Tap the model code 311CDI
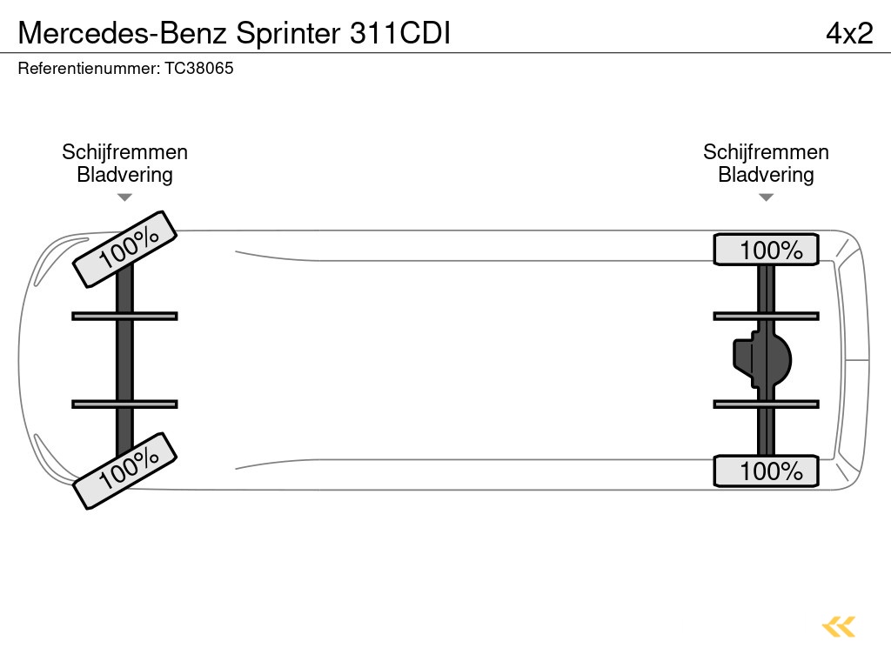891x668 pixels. tap(399, 33)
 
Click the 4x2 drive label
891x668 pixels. tap(848, 33)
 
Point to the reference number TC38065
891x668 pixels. tap(199, 68)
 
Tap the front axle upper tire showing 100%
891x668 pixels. tap(124, 249)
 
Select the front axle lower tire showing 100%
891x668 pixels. tap(124, 470)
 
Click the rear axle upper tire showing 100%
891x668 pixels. tap(766, 250)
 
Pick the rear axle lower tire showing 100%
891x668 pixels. tap(766, 471)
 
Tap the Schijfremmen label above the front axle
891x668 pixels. tap(124, 152)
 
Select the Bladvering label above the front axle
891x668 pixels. tap(124, 175)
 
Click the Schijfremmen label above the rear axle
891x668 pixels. tap(766, 152)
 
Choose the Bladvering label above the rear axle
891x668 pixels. tap(766, 175)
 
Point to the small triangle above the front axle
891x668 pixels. tap(124, 197)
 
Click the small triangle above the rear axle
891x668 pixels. tap(766, 197)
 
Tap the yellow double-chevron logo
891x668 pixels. tap(839, 626)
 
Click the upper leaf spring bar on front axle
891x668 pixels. tap(124, 316)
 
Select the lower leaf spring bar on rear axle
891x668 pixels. tap(766, 404)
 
